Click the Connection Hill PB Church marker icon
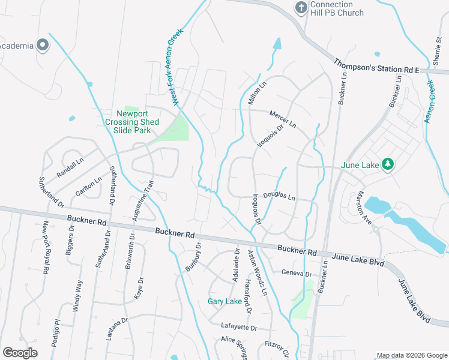click(301, 8)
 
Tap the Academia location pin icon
click(43, 46)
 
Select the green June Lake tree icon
click(388, 164)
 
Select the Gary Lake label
click(224, 301)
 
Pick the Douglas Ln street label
click(279, 197)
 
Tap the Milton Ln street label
click(257, 93)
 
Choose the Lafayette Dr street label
click(238, 328)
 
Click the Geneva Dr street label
click(297, 274)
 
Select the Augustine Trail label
click(143, 201)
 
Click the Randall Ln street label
click(70, 164)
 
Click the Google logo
click(20, 353)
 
